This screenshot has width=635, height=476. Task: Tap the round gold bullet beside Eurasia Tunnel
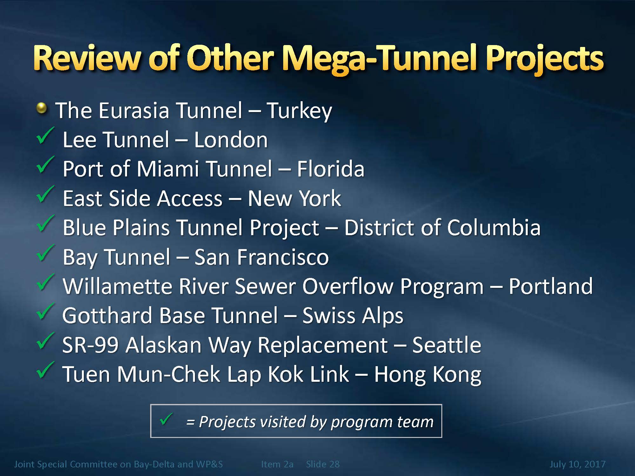(x=42, y=109)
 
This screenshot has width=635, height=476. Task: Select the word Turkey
(x=299, y=111)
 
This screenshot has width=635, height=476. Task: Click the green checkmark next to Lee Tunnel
(x=45, y=136)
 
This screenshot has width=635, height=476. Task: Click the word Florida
(x=331, y=169)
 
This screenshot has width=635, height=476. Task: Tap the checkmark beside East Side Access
(x=45, y=194)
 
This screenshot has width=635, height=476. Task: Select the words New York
(x=294, y=198)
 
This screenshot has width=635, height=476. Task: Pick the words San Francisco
(x=262, y=257)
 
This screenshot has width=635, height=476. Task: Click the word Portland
(x=551, y=286)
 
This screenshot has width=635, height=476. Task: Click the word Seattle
(x=446, y=345)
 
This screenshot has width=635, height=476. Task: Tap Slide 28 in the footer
(x=323, y=464)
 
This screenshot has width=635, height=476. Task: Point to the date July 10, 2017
(x=578, y=464)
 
